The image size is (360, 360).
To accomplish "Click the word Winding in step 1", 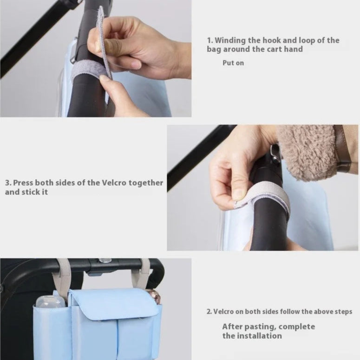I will [230, 40].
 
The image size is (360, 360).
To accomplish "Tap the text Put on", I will [233, 63].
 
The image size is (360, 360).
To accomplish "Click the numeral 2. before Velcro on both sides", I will [209, 312].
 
